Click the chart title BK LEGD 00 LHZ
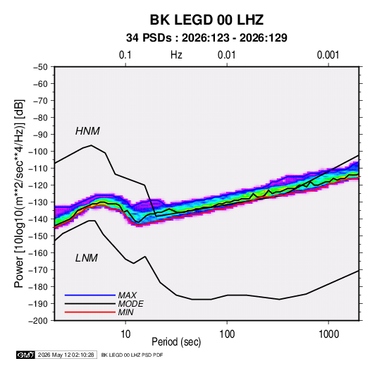pos(206,20)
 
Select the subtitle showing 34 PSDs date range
pos(206,38)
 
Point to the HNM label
pos(87,131)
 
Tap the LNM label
pos(87,258)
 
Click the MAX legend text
pos(128,295)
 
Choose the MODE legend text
pos(131,304)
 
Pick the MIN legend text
pos(125,312)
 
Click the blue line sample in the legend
pos(90,295)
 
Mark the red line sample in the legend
pos(90,312)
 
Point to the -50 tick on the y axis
pos(40,67)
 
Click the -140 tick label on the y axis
pos(38,219)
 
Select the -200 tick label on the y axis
pos(38,321)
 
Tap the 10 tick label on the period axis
pos(125,334)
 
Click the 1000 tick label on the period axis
pos(328,334)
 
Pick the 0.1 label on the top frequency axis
pos(125,55)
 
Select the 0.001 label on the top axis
pos(328,55)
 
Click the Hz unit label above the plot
pos(176,55)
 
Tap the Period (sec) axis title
pos(176,342)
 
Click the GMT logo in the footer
pos(26,355)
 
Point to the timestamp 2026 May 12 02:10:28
pos(66,355)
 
